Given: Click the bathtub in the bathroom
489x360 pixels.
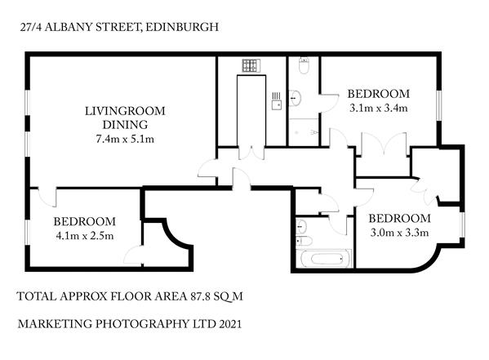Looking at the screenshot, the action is tap(327, 258).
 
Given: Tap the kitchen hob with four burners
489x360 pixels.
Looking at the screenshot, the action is tap(251, 65).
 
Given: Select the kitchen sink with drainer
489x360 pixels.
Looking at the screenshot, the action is tap(277, 100).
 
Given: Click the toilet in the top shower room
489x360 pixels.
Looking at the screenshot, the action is tap(304, 65).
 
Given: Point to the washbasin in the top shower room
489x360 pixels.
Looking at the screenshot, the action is tap(295, 98).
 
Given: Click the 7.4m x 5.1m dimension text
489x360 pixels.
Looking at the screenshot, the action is tap(125, 139).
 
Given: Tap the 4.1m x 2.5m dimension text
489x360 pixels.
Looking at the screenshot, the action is tap(85, 236).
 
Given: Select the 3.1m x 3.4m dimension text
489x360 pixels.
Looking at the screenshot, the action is tap(378, 108).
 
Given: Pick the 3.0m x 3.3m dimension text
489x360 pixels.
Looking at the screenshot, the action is tap(399, 233).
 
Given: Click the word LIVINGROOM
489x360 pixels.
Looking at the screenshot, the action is tap(125, 111).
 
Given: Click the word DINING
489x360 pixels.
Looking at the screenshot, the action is tap(125, 125).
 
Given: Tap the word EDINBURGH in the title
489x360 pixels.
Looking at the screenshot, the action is tap(182, 27).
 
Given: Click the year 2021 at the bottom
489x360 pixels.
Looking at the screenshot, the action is tap(230, 324).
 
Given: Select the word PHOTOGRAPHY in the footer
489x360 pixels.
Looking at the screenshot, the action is tap(140, 324).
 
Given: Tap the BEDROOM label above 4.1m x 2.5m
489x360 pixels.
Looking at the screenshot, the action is tap(85, 221).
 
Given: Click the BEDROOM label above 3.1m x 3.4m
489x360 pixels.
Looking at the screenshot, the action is tap(379, 94).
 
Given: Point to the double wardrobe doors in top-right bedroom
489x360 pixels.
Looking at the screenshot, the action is tap(384, 144).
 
